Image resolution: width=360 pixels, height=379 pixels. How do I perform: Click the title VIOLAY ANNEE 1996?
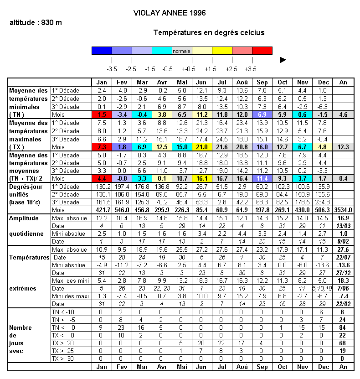pos(170,13)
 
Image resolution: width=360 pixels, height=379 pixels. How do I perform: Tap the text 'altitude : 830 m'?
pos(36,23)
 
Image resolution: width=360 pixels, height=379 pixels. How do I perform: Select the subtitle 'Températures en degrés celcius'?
pos(209,33)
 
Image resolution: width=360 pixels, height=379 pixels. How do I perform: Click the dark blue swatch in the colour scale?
pos(102,51)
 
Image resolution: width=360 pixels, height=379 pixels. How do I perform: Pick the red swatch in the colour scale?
pos(262,51)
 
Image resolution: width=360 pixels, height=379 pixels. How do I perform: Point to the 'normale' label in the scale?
pos(182,51)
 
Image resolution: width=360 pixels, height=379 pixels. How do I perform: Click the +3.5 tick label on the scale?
pos(251,69)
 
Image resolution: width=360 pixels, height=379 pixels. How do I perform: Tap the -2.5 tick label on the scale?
pos(131,69)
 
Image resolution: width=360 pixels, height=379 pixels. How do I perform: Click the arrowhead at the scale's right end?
pos(283,60)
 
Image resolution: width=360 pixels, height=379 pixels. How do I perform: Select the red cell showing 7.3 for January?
pos(102,147)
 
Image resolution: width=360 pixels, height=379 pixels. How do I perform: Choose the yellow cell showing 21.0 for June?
pos(202,147)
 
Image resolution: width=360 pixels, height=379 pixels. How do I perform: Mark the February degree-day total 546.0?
pos(122,210)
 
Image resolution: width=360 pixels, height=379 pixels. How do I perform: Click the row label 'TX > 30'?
pos(63,359)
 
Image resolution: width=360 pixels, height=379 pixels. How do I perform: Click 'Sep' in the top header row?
pos(262,82)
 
